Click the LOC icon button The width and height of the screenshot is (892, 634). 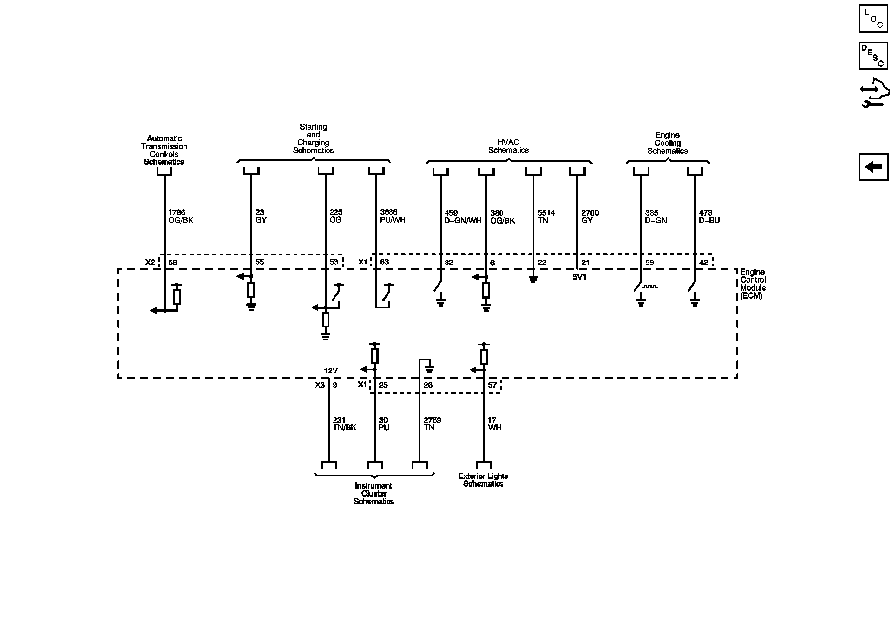(873, 18)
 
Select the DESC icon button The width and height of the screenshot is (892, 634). (873, 55)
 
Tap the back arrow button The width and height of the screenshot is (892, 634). (873, 167)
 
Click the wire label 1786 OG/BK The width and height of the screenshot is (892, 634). (181, 216)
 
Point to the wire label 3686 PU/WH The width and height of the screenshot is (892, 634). (392, 216)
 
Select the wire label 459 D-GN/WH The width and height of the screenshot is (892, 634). (463, 217)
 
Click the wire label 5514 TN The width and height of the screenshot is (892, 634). (546, 217)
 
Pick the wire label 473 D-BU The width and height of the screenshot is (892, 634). (709, 217)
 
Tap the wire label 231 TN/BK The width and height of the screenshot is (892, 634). (344, 424)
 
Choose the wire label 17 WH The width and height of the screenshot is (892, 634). (494, 424)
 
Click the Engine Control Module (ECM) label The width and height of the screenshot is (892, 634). (753, 284)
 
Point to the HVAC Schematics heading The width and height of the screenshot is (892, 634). (508, 146)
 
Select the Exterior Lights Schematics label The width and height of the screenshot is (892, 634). (483, 480)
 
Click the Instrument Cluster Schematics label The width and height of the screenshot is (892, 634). (374, 493)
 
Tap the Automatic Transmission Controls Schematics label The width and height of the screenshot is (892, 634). (164, 150)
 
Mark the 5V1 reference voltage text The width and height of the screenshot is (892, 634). (579, 277)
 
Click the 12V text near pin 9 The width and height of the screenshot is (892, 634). (331, 370)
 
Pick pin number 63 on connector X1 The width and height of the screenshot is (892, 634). (384, 262)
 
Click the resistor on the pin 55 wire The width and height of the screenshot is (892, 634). (251, 290)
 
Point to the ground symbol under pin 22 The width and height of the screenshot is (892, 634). (533, 279)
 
